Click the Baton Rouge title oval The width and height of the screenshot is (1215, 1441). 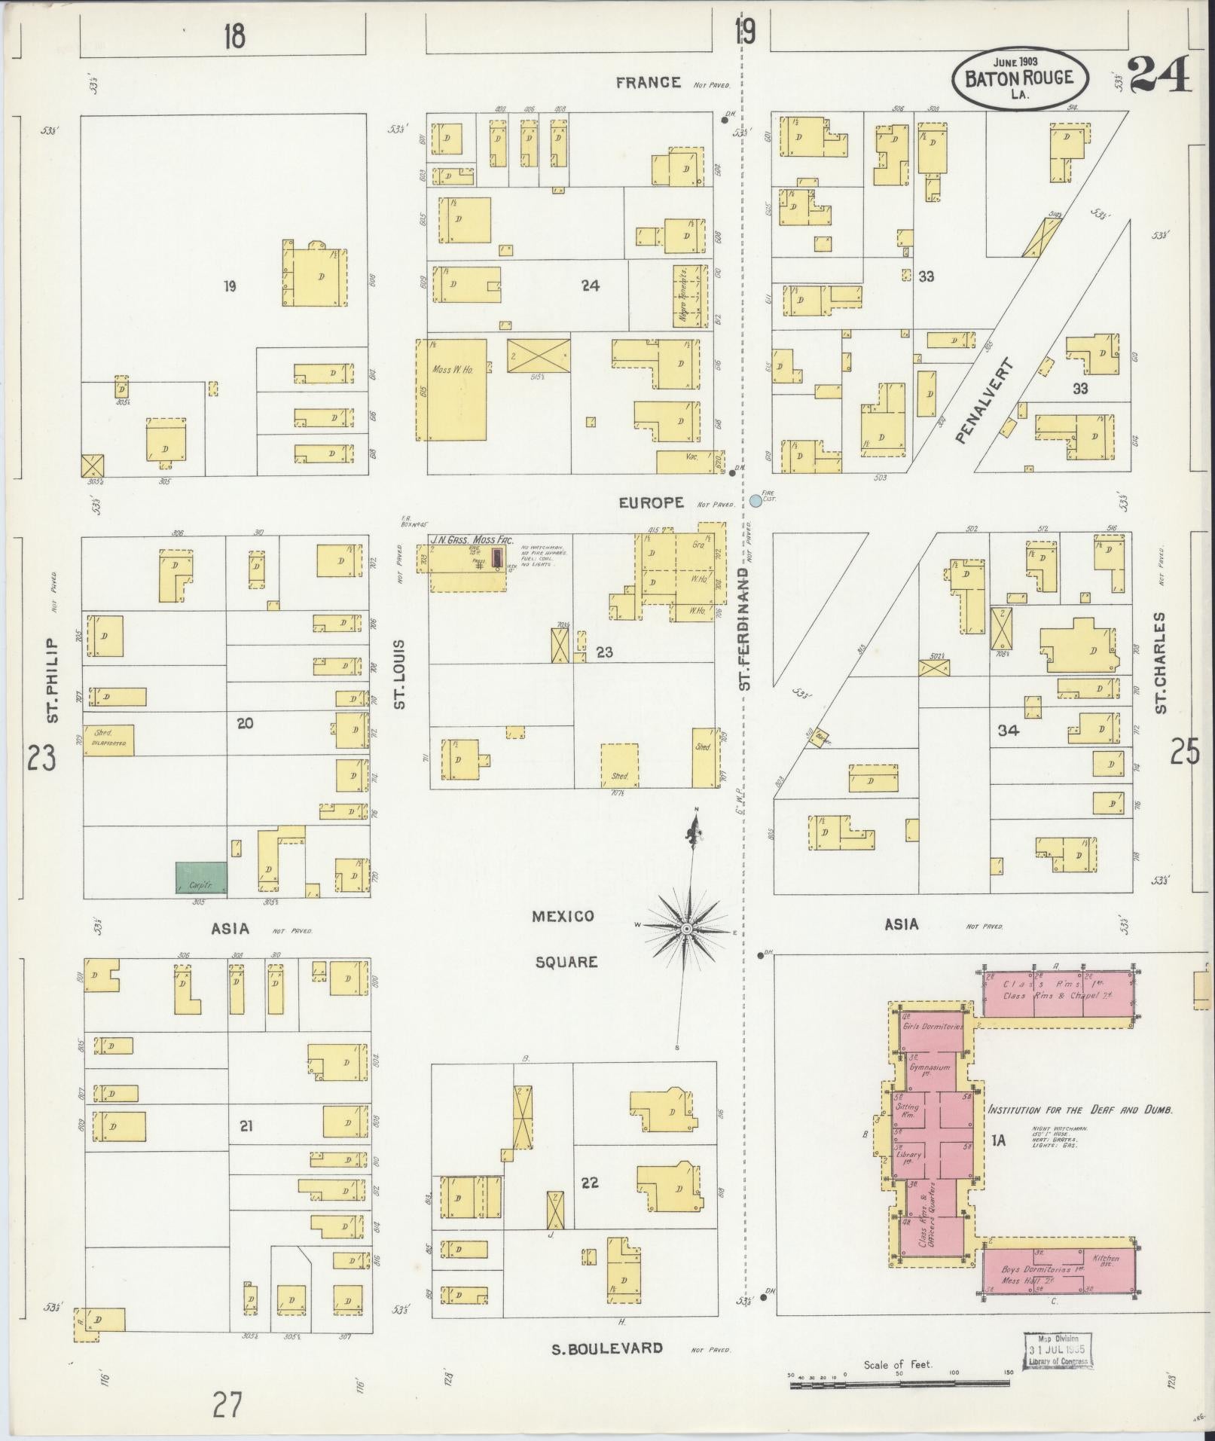1020,78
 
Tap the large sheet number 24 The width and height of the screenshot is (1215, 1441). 1159,73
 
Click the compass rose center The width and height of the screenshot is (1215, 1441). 686,930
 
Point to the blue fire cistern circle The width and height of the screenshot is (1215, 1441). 756,500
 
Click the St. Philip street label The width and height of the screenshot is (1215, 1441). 52,680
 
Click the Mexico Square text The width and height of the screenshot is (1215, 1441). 564,939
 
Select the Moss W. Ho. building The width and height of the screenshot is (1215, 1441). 452,389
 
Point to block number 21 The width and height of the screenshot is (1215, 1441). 246,1126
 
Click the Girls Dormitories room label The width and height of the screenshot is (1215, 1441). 932,1027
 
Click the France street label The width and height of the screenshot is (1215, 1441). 648,83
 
